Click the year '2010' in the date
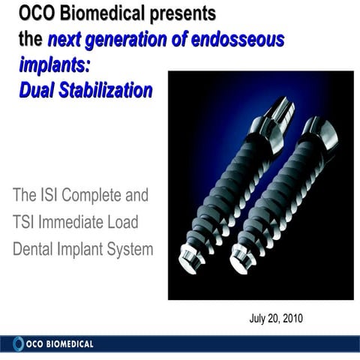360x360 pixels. (x=290, y=319)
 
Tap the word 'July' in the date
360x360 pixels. (x=259, y=319)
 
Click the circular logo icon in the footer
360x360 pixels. (x=18, y=344)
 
